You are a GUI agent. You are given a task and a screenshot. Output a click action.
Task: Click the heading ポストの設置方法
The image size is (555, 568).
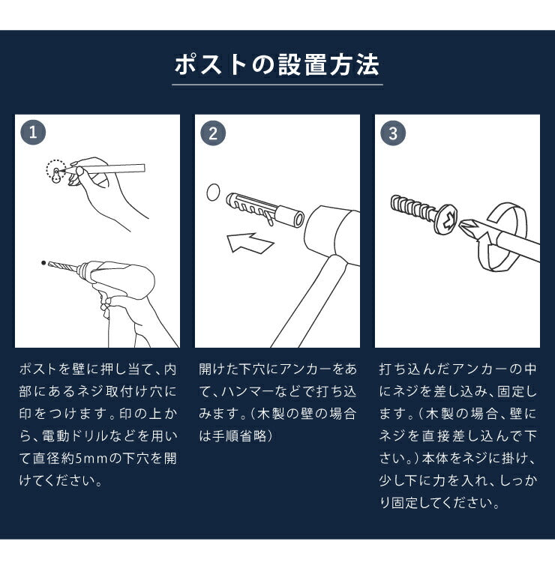tap(277, 65)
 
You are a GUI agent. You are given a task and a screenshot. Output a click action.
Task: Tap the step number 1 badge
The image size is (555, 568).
tap(32, 133)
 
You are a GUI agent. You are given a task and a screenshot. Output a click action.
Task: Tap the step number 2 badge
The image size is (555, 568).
tap(212, 133)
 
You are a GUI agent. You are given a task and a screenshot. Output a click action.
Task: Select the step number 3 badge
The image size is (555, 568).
tap(392, 133)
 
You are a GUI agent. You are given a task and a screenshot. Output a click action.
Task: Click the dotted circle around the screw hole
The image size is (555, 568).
tap(55, 171)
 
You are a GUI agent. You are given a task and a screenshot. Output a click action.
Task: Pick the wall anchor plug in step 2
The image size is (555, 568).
tap(262, 207)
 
